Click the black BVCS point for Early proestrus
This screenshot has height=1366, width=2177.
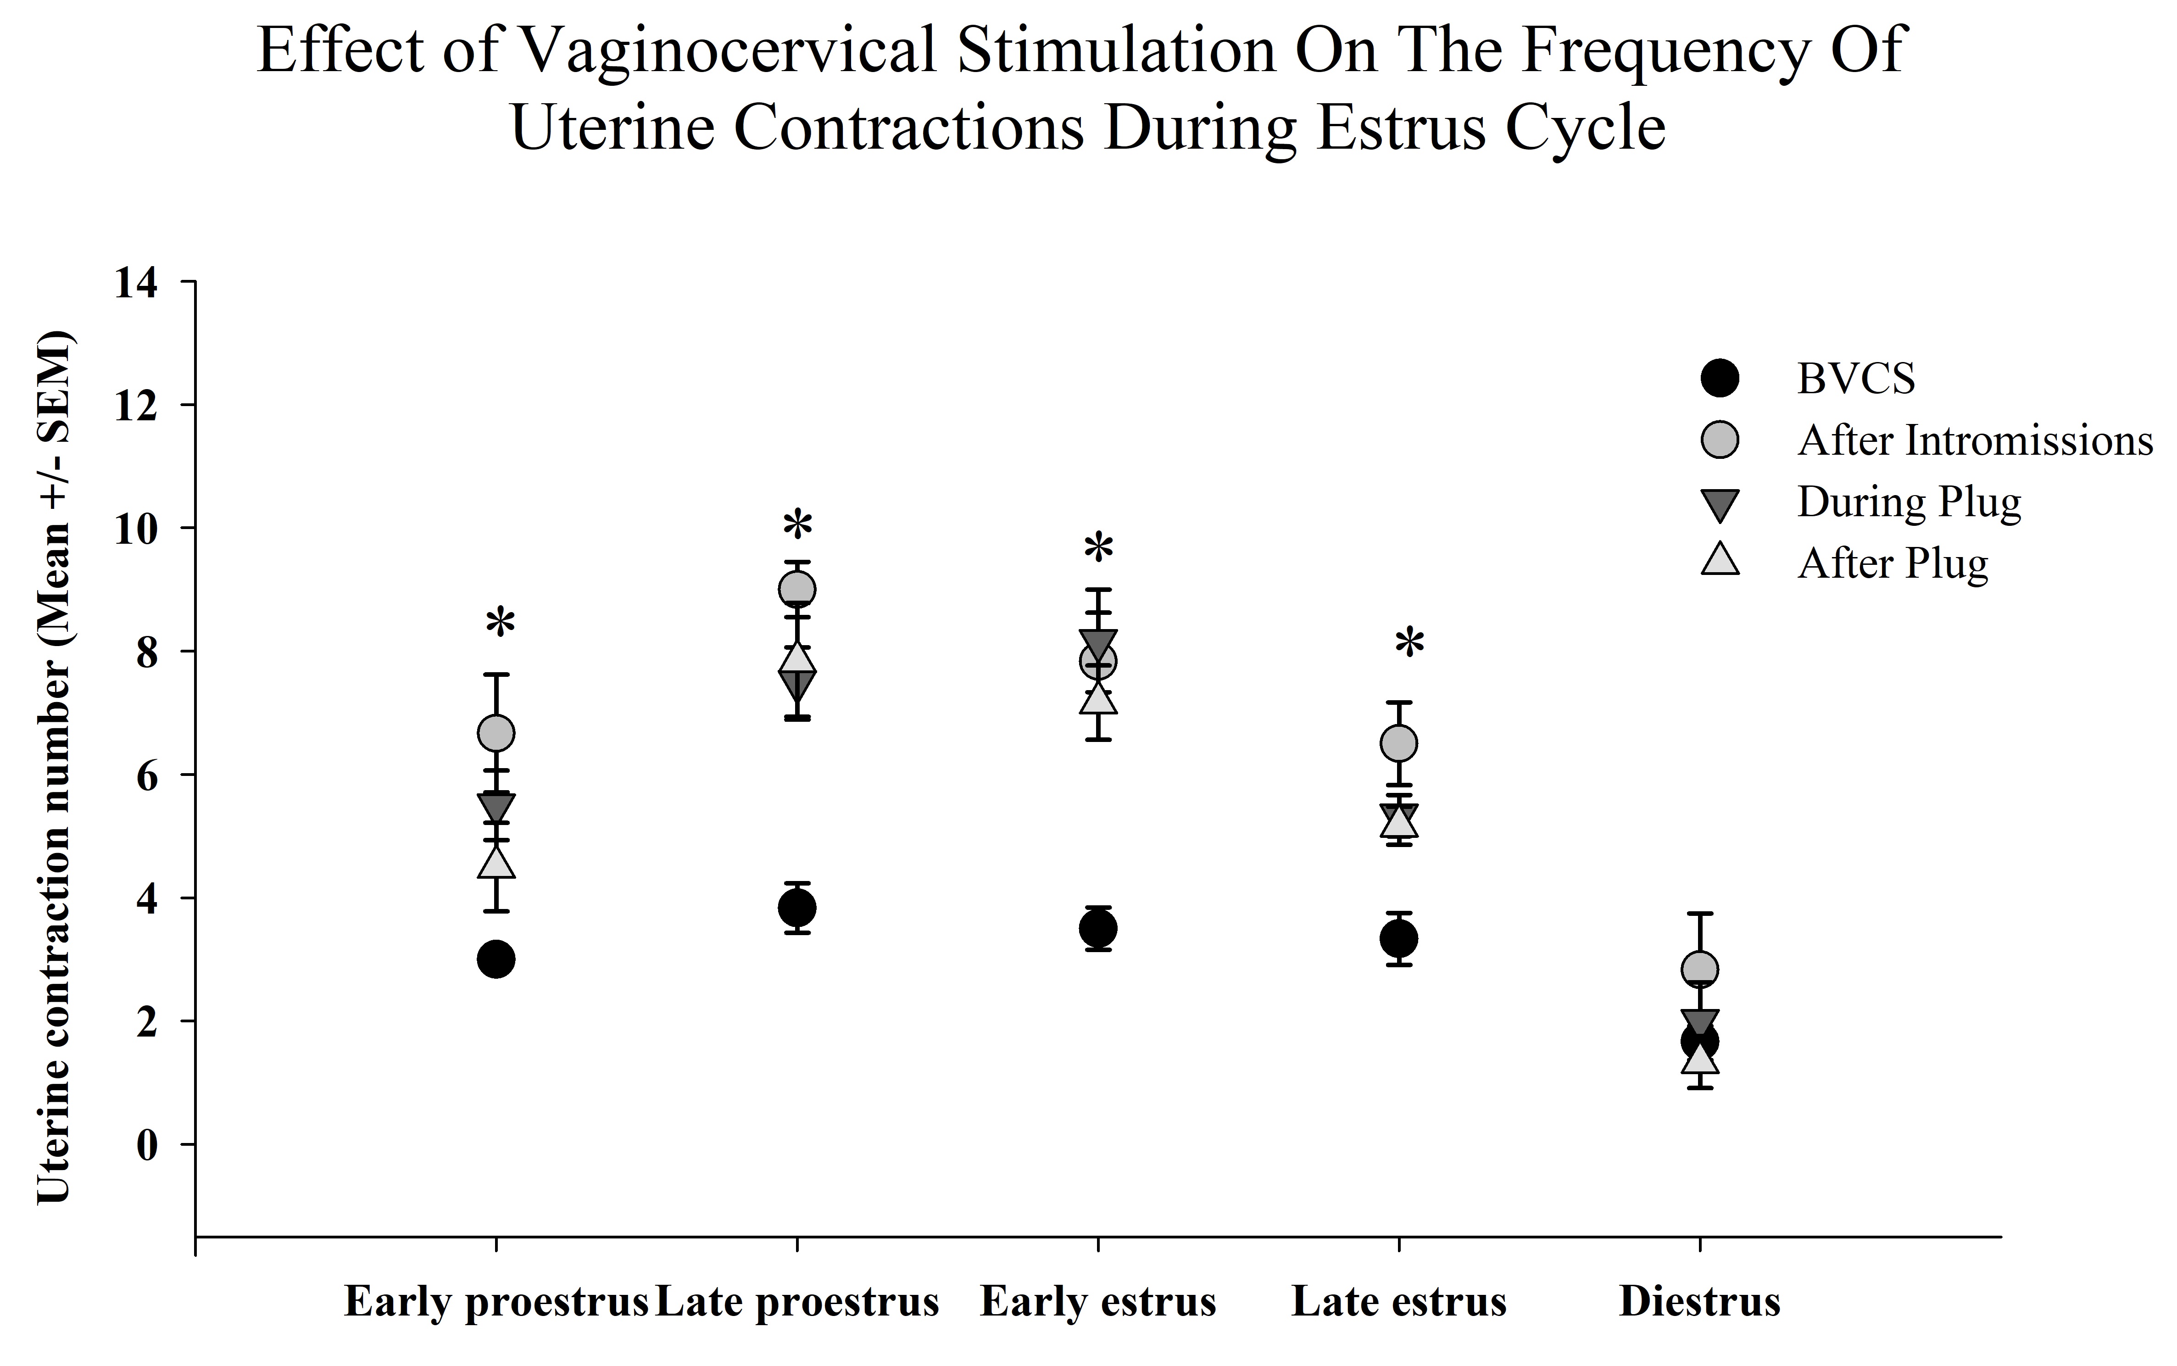(496, 959)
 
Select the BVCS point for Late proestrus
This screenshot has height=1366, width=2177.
(797, 907)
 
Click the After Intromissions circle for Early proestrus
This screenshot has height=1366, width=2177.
(496, 733)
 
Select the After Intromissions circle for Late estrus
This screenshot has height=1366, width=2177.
(1398, 743)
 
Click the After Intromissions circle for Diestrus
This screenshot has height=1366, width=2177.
(1699, 970)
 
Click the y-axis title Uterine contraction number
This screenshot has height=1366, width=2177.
(54, 768)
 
